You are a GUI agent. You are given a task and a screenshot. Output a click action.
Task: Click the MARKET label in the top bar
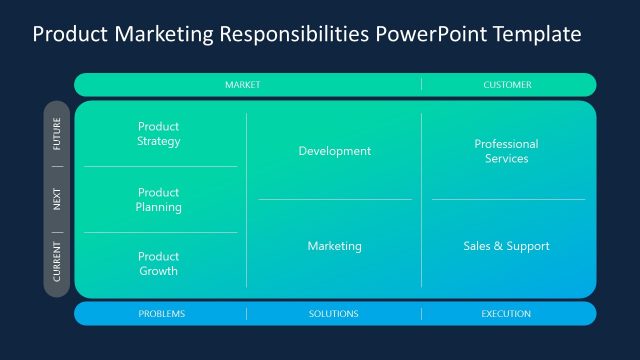point(242,85)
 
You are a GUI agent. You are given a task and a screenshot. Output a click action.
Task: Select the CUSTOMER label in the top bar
point(507,85)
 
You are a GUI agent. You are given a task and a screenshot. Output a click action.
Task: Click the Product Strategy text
point(159,134)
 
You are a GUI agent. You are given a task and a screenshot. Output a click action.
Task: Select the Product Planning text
point(159,200)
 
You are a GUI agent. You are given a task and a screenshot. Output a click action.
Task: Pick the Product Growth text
point(159,264)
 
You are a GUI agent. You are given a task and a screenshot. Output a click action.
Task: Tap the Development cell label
point(334,151)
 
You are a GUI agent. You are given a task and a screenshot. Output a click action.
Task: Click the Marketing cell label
point(334,246)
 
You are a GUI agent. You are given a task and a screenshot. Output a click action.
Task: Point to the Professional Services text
point(506,151)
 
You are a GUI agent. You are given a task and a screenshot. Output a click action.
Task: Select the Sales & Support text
point(506,246)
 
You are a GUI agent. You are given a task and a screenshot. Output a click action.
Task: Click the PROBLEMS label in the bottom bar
point(161,314)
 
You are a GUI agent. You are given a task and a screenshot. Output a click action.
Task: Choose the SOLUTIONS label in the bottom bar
point(333,314)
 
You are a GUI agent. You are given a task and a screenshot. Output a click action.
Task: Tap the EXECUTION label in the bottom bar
point(506,314)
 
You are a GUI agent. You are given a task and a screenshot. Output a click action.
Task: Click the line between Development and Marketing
point(334,199)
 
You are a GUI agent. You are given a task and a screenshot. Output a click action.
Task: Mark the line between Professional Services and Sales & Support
point(508,199)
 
